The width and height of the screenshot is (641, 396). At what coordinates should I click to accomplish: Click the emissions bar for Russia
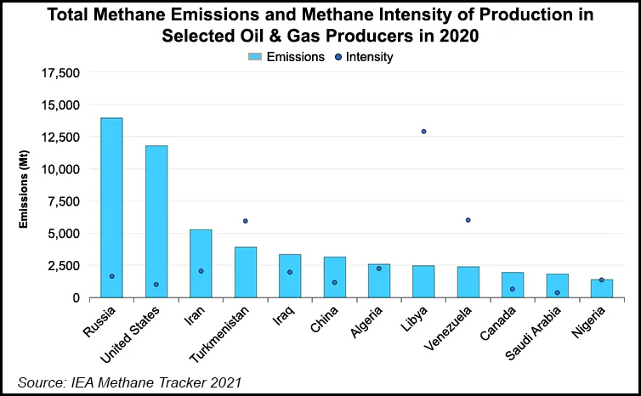[x=111, y=208]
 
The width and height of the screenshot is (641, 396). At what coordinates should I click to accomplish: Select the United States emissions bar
[x=156, y=222]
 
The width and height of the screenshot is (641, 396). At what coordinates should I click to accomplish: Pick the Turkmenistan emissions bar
[x=245, y=272]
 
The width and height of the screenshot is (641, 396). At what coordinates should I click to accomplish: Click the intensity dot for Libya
[x=423, y=132]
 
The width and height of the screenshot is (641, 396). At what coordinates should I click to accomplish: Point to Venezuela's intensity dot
[x=468, y=220]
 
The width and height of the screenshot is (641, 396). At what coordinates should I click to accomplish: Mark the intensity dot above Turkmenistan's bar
[x=245, y=221]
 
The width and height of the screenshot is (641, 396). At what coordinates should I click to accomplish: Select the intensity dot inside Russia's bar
[x=111, y=276]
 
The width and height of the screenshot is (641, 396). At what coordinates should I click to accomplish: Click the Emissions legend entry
[x=286, y=57]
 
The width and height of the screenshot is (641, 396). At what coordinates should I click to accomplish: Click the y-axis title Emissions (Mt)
[x=25, y=186]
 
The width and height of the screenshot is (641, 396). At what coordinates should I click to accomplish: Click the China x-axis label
[x=326, y=324]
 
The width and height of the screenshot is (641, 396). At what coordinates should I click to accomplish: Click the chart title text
[x=320, y=26]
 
